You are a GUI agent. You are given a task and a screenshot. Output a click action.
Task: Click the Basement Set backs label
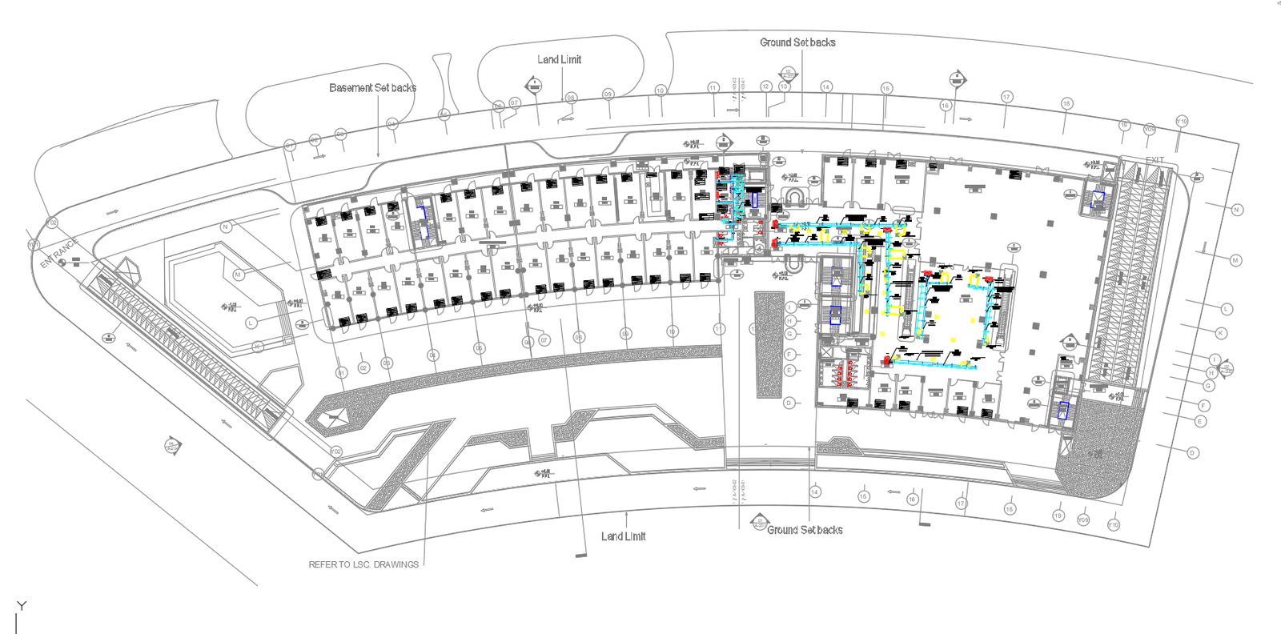[372, 87]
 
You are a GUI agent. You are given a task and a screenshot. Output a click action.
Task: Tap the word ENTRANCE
[60, 251]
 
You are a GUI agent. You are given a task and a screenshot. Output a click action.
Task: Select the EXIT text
[1155, 160]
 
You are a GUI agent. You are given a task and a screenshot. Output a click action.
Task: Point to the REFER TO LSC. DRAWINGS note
[363, 564]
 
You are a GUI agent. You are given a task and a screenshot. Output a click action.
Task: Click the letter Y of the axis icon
[22, 606]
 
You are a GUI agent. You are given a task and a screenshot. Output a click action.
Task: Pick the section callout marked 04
[172, 445]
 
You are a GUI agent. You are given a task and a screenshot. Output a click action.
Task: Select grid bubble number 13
[784, 86]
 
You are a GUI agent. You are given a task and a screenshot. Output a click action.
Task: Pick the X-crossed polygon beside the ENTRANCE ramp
[122, 271]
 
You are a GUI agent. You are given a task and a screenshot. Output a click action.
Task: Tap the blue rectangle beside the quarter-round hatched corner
[1063, 410]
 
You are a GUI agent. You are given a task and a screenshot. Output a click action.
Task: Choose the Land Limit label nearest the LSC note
[623, 536]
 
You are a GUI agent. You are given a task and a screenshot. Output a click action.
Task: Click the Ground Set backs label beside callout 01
[805, 530]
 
